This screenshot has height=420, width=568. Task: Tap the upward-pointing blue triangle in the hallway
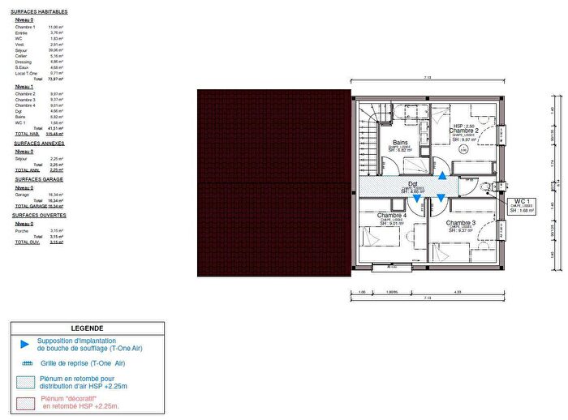point(441,175)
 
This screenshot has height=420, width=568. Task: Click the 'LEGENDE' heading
point(88,328)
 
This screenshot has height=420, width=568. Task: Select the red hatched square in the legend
point(24,401)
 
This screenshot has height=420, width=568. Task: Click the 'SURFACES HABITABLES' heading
point(40,12)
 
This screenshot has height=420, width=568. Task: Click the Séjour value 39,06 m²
point(55,49)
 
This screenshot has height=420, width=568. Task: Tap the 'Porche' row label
point(22,230)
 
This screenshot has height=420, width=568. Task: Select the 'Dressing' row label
point(24,61)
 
